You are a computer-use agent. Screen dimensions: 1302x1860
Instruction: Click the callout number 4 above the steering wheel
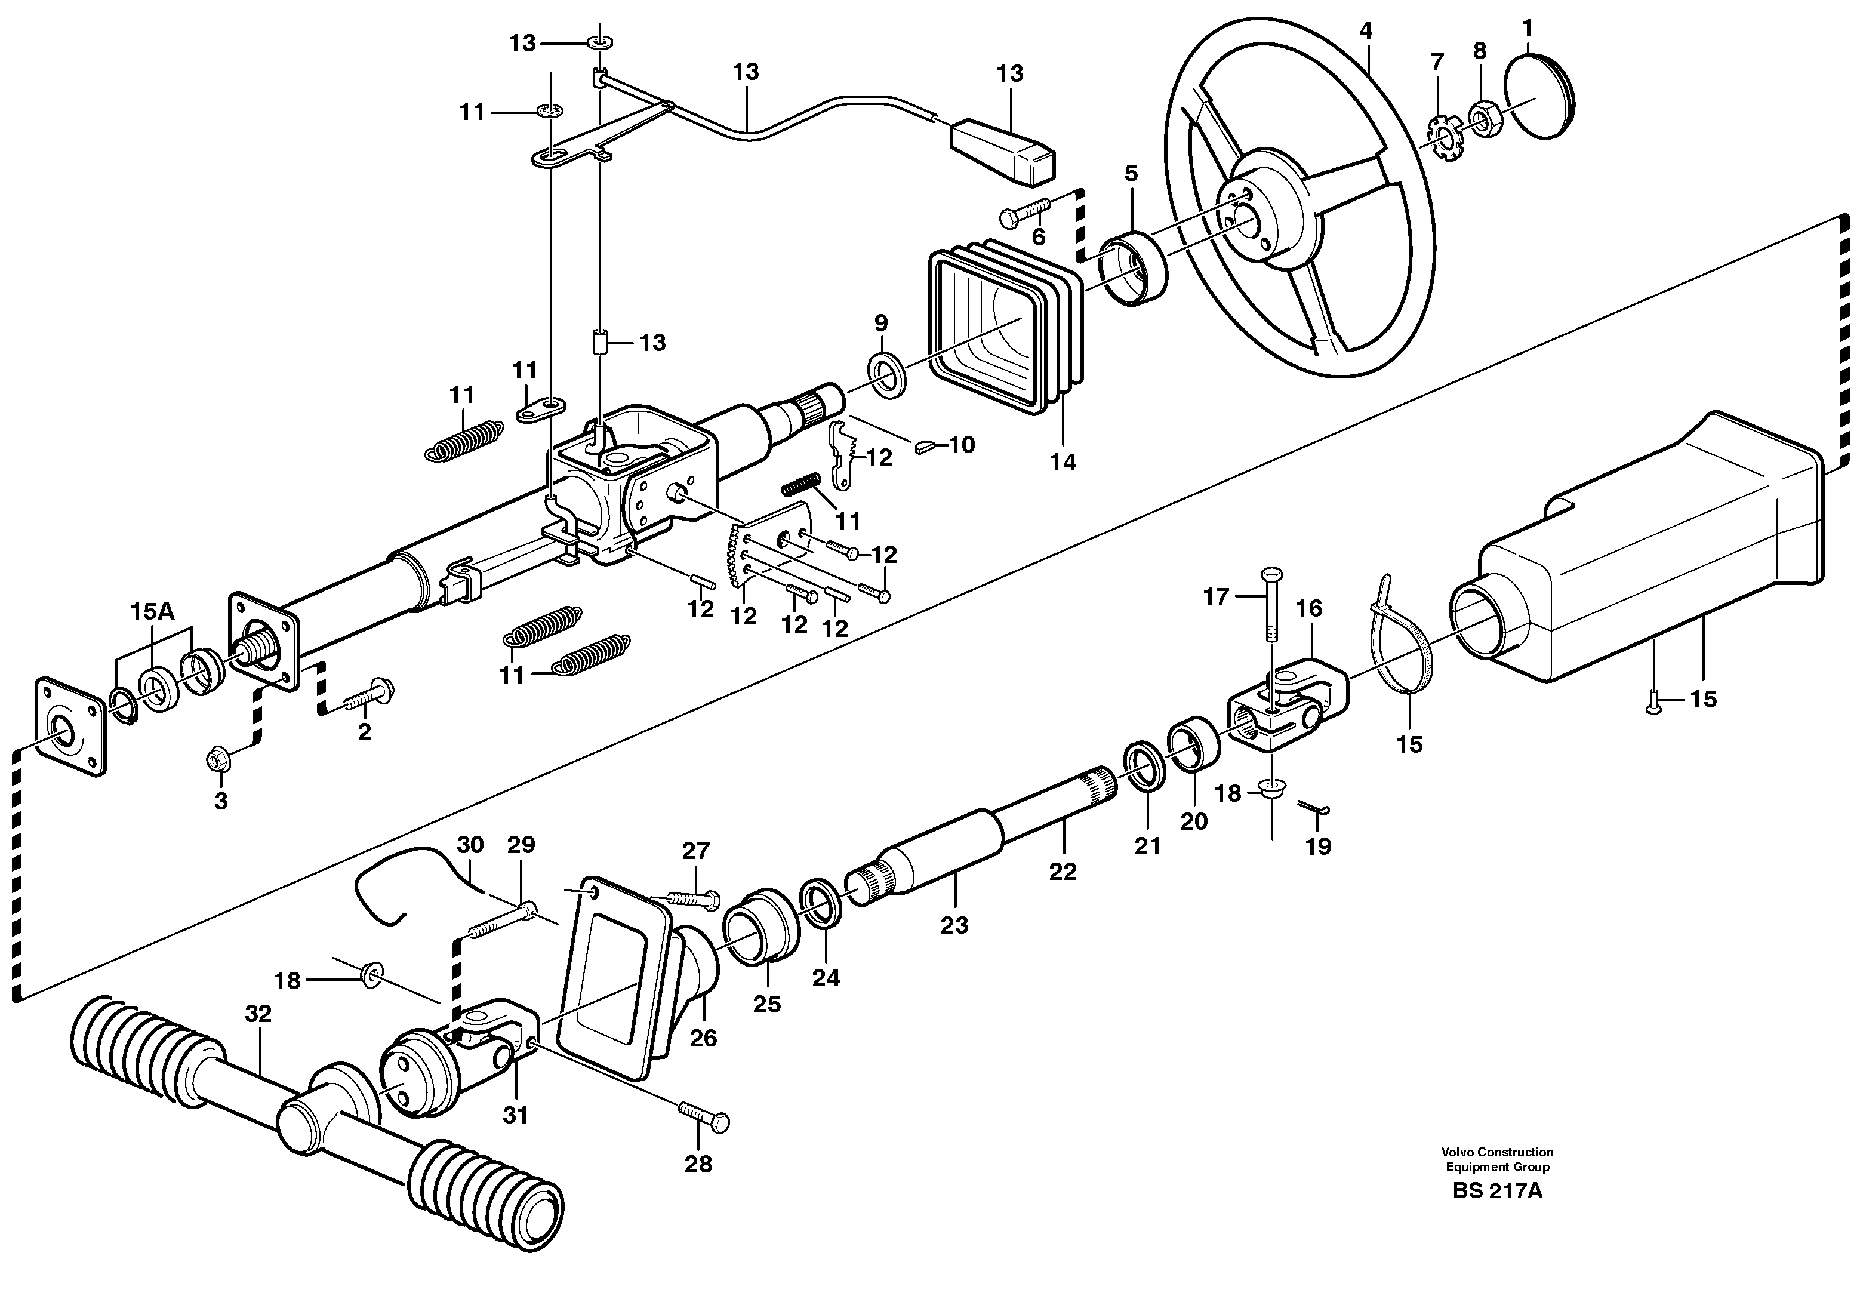tap(1366, 32)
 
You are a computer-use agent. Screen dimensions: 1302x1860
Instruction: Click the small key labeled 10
tap(926, 445)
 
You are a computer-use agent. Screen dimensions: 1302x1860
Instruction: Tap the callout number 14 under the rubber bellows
tap(1063, 463)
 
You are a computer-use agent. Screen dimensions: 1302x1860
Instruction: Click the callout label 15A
tap(152, 612)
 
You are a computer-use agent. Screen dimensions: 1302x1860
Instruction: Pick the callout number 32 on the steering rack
tap(258, 1014)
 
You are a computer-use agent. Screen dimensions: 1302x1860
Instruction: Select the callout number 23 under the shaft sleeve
tap(954, 925)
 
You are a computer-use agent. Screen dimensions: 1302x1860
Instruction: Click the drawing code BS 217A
tap(1497, 1192)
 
